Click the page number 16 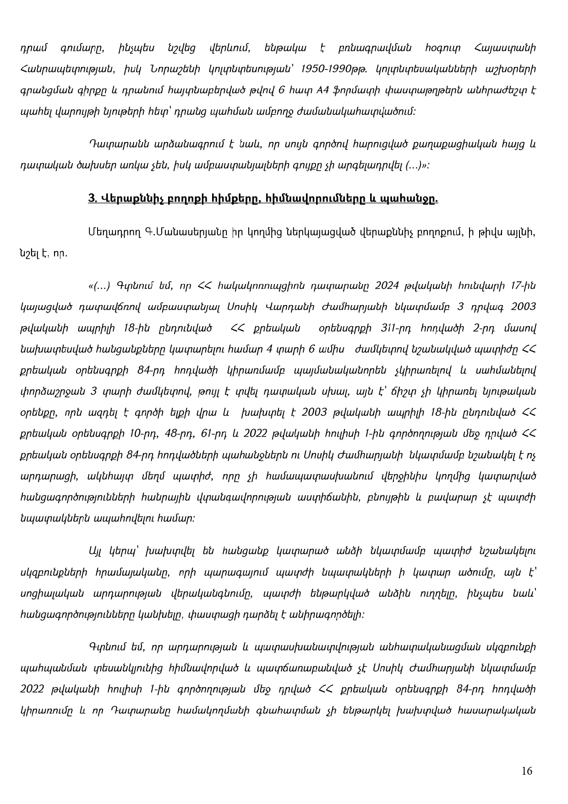click(x=527, y=771)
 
